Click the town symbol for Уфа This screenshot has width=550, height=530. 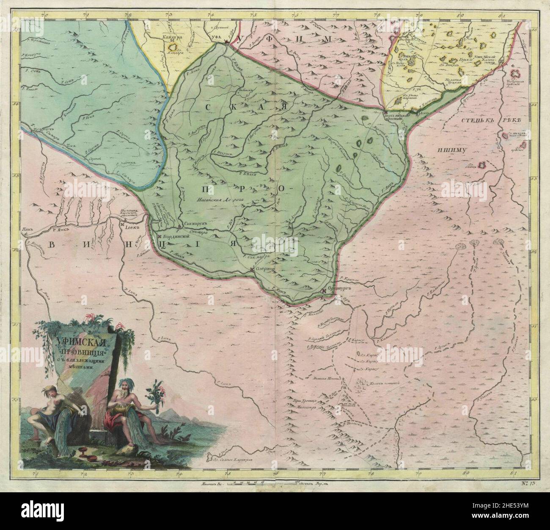[x=227, y=42]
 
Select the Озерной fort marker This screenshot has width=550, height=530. [x=252, y=269]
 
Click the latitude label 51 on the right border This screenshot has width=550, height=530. [x=534, y=326]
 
